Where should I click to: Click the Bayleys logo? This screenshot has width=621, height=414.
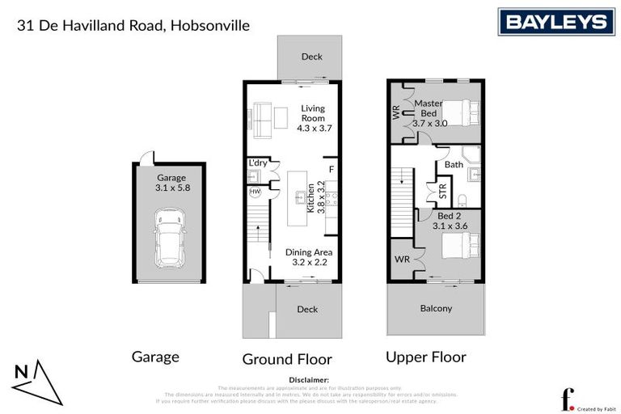point(556,22)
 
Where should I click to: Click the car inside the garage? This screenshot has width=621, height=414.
point(170,237)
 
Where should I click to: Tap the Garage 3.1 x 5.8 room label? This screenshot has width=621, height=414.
point(171,183)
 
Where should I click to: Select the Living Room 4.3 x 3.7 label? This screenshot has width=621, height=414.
point(314,118)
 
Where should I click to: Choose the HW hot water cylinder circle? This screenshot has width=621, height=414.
point(255,192)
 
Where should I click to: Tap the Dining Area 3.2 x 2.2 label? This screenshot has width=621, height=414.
point(309,257)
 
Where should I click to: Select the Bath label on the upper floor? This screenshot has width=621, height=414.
point(454,164)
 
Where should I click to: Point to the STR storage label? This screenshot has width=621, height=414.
point(442,192)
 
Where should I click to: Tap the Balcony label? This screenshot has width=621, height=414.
point(436,308)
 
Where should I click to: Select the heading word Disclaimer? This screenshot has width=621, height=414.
point(310,379)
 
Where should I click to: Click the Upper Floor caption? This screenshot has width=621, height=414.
point(425,357)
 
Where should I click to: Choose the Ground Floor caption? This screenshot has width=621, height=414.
point(287,358)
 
